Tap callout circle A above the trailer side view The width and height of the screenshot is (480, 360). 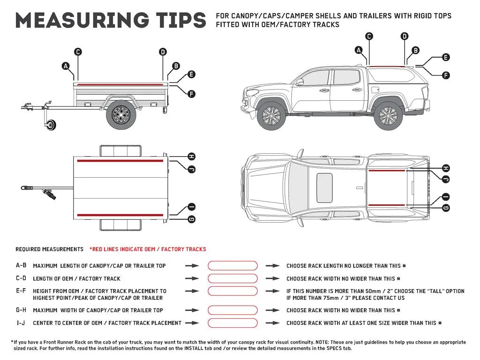(66, 66)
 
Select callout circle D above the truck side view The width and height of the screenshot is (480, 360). (405, 36)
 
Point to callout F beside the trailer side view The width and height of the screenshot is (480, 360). (191, 94)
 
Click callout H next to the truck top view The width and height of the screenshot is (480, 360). (446, 168)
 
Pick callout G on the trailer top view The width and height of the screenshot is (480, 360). (191, 219)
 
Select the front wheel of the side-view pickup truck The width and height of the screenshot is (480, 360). (271, 116)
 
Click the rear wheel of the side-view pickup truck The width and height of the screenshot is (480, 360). (388, 116)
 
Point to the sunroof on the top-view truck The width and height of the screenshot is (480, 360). (324, 187)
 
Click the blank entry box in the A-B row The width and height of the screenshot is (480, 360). (232, 266)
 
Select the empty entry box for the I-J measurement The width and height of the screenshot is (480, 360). (232, 323)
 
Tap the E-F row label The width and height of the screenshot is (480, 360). (21, 291)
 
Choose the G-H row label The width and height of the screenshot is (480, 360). (21, 310)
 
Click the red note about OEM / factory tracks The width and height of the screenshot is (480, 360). (148, 249)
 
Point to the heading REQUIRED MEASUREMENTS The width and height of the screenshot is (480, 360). (49, 249)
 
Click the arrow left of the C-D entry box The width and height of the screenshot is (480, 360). (192, 278)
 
